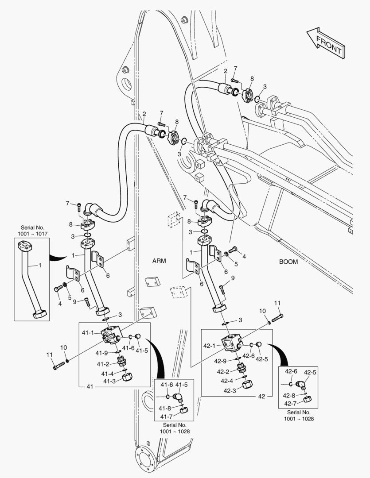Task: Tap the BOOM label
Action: click(288, 262)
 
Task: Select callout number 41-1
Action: click(87, 332)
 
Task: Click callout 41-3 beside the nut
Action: click(110, 381)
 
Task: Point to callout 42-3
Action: click(230, 390)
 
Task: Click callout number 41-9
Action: click(102, 353)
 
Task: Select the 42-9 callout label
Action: click(221, 360)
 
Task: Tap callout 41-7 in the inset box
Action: click(167, 416)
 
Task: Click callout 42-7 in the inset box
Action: click(291, 403)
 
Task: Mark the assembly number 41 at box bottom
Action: click(90, 387)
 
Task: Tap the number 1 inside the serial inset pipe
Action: click(39, 265)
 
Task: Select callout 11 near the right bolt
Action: click(277, 303)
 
